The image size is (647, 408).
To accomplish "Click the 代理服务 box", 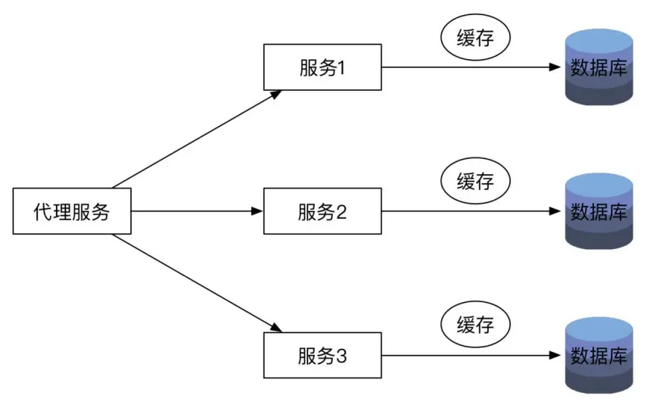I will click(72, 211).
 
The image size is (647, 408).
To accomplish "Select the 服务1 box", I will click(322, 67).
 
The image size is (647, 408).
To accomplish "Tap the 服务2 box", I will click(322, 211).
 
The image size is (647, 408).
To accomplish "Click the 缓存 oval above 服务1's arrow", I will click(475, 39).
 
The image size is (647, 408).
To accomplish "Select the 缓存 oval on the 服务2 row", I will click(475, 181).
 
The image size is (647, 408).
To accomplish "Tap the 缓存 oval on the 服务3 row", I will click(475, 325).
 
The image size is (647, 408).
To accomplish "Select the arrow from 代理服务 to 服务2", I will click(197, 211).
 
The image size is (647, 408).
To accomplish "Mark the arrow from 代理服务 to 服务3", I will click(197, 284).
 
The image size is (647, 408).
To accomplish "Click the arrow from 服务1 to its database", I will click(469, 67).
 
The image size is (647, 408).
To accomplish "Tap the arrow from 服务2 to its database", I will click(469, 211).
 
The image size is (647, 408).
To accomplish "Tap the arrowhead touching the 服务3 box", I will click(277, 329).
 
